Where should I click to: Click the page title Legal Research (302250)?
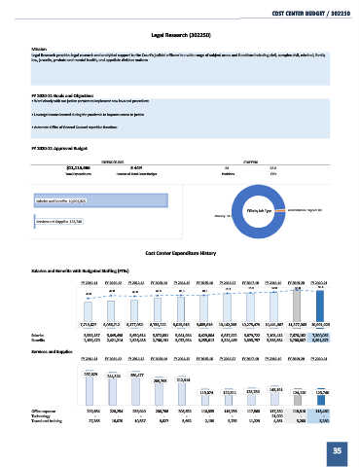[x=180, y=33]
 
